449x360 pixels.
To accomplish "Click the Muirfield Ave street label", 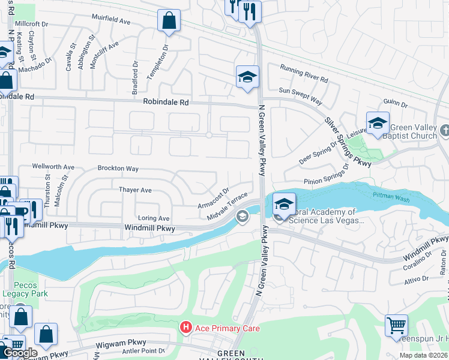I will pyautogui.click(x=112, y=21).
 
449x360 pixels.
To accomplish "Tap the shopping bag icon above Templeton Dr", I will pyautogui.click(x=169, y=20).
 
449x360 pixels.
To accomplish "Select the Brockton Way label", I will pyautogui.click(x=118, y=169).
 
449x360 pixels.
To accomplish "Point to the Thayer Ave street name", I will pyautogui.click(x=135, y=190).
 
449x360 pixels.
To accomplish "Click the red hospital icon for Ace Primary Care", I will pyautogui.click(x=186, y=327).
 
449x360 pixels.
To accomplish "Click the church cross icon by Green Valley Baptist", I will pyautogui.click(x=444, y=130).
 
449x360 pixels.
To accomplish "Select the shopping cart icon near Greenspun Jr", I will pyautogui.click(x=396, y=326).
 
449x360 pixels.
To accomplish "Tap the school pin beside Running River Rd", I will pyautogui.click(x=247, y=77).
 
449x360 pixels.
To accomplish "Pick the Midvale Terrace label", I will pyautogui.click(x=228, y=205).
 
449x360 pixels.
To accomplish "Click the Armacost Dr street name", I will pyautogui.click(x=214, y=198).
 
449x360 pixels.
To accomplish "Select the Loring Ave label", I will pyautogui.click(x=154, y=218).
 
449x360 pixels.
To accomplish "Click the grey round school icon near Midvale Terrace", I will pyautogui.click(x=243, y=217).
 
